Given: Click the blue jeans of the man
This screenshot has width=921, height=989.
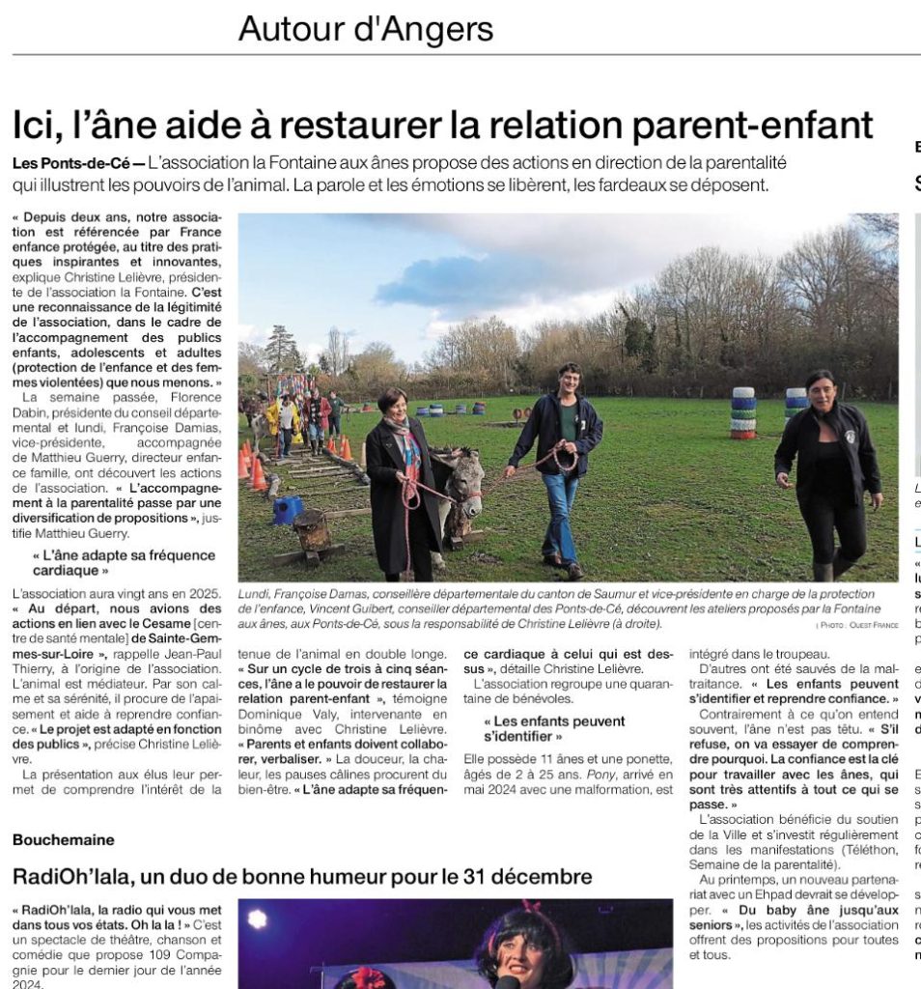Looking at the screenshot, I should click(560, 511).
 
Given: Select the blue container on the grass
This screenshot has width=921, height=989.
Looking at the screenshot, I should click(288, 511).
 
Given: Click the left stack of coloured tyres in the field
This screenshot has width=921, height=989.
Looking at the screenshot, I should click(743, 413).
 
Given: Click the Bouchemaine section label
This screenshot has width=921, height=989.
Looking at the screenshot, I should click(64, 840).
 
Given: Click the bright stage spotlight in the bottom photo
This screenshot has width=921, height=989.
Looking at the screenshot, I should click(257, 918).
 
